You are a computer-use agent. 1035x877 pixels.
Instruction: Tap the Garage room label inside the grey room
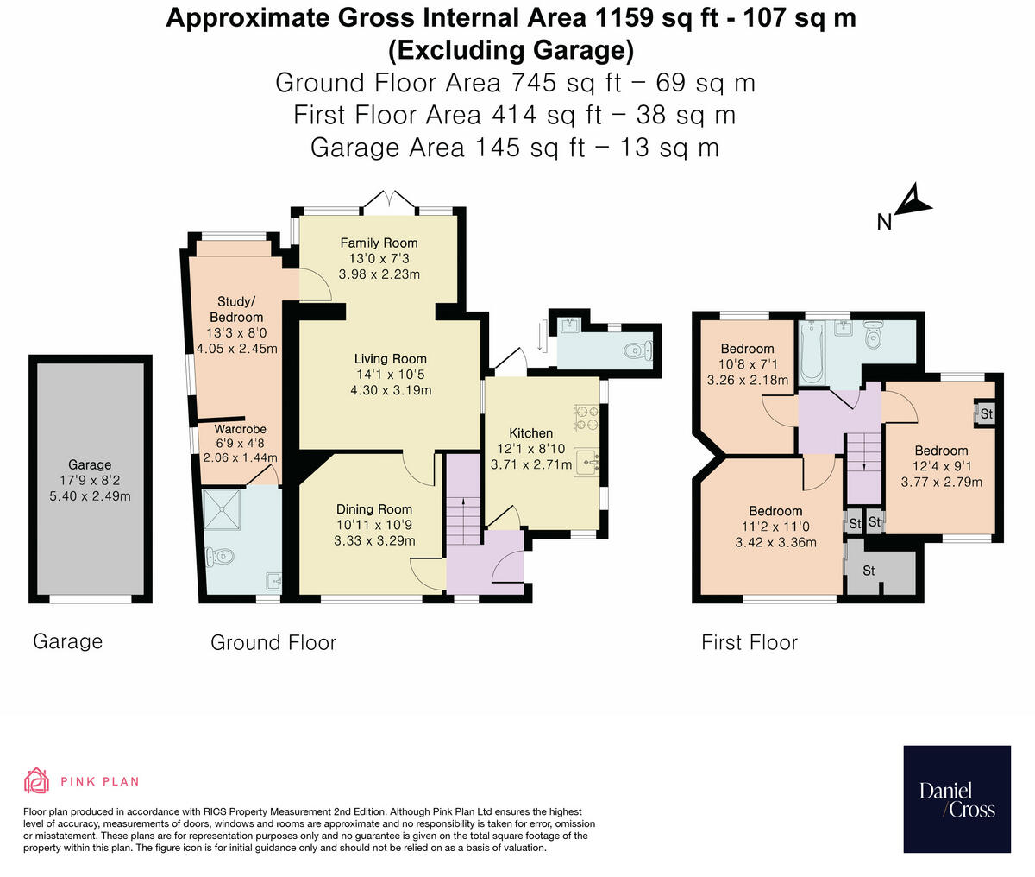(x=90, y=464)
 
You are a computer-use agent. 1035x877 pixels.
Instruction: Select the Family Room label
(x=379, y=243)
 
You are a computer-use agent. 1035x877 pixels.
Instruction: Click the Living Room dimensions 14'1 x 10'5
(x=391, y=375)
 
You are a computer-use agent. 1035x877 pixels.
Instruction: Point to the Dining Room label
(x=374, y=509)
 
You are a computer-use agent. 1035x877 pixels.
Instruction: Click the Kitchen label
(x=530, y=433)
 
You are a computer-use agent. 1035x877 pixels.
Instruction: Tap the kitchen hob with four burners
(x=586, y=418)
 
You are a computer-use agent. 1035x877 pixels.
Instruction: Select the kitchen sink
(x=586, y=462)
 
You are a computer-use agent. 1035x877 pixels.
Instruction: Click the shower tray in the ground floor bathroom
(x=222, y=508)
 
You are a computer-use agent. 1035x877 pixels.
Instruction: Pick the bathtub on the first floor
(x=812, y=353)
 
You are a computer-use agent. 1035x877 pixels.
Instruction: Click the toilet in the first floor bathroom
(x=874, y=334)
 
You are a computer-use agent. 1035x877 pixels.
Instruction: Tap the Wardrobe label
(x=240, y=429)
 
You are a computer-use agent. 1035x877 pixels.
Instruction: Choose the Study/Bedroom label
(x=236, y=309)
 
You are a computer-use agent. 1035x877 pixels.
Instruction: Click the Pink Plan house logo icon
(x=36, y=780)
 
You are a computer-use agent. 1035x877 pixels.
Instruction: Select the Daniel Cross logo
(x=957, y=798)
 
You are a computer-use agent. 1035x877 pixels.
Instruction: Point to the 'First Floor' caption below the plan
(x=750, y=642)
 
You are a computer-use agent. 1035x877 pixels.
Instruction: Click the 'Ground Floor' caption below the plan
(x=273, y=642)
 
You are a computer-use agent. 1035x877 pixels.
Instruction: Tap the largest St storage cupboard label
(x=869, y=571)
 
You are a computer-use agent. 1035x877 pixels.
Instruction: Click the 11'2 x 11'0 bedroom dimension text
(x=775, y=527)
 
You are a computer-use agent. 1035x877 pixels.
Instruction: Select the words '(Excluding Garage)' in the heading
(x=511, y=50)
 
